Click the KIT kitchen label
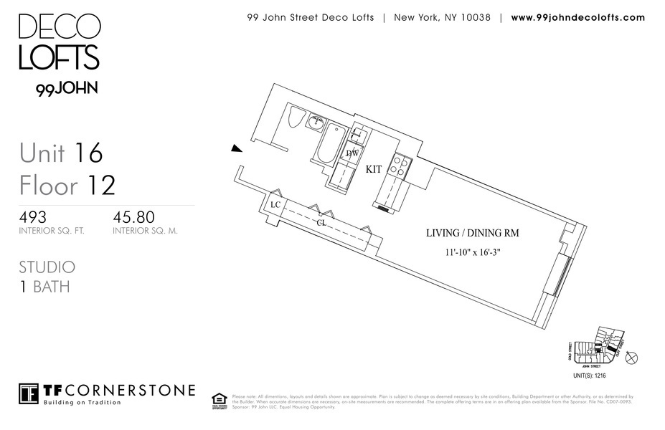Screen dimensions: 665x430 pos(374,170)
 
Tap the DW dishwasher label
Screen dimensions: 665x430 pos(352,153)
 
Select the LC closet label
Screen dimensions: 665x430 pos(275,205)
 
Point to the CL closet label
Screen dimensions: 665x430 pos(322,223)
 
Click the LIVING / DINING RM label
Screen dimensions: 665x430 pos(472,233)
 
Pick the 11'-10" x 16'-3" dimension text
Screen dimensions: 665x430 pos(472,252)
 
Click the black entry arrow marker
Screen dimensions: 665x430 pos(235,148)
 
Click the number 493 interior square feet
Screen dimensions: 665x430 pos(33,216)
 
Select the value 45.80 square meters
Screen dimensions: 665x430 pos(134,216)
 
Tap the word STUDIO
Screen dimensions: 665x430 pos(47,267)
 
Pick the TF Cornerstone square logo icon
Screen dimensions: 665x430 pos(29,393)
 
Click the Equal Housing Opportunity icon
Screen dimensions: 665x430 pos(220,400)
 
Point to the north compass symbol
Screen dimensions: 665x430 pos(631,358)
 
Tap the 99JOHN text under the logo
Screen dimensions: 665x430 pos(67,89)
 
